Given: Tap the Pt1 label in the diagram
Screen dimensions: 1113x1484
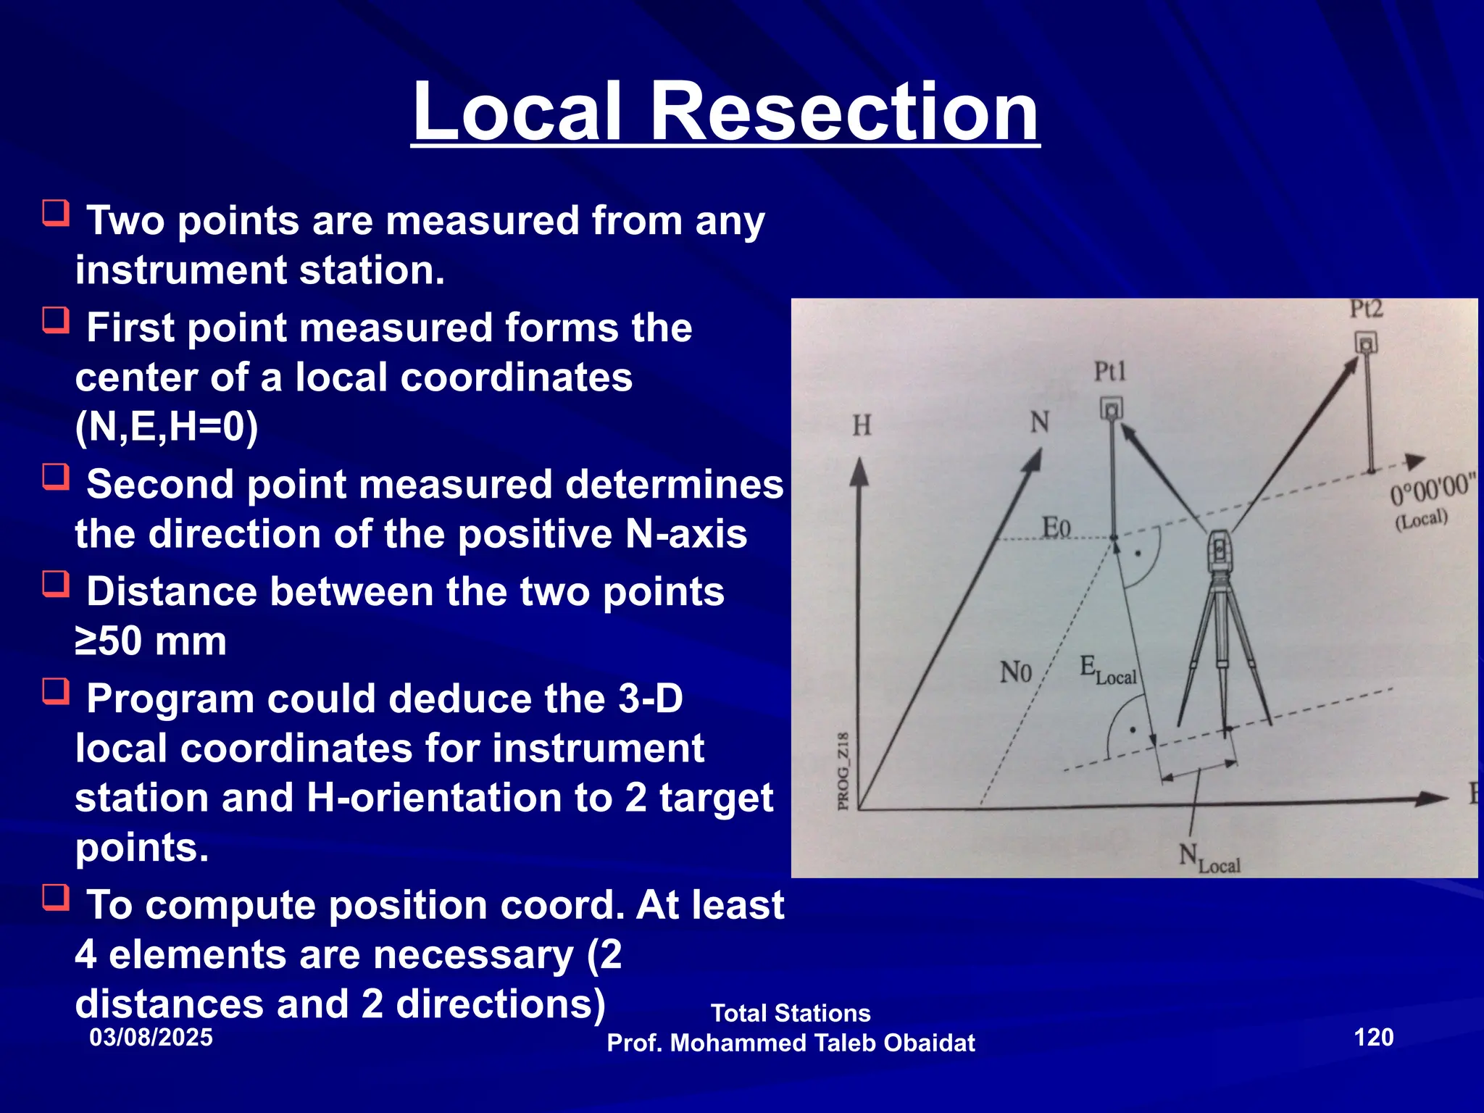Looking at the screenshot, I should pyautogui.click(x=1109, y=372).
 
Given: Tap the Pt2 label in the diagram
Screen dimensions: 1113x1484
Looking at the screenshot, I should pyautogui.click(x=1366, y=309).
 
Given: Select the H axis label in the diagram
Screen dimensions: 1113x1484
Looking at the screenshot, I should pyautogui.click(x=862, y=425).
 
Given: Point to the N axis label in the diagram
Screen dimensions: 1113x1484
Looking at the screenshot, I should pyautogui.click(x=1040, y=422).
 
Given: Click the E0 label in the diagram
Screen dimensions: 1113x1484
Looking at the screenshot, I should pyautogui.click(x=1056, y=527).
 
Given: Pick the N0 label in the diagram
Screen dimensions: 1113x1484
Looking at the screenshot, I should pyautogui.click(x=1015, y=672).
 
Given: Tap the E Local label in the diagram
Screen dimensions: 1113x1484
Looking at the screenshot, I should pyautogui.click(x=1107, y=670).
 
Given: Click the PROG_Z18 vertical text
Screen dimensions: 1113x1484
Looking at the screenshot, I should pyautogui.click(x=843, y=772).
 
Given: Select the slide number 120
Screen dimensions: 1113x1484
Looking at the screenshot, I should pyautogui.click(x=1373, y=1037).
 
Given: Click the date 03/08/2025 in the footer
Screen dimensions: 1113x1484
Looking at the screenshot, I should pyautogui.click(x=151, y=1037).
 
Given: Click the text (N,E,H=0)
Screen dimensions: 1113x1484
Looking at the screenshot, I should pyautogui.click(x=167, y=427).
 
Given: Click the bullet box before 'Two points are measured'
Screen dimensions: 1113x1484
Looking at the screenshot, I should pyautogui.click(x=56, y=214).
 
